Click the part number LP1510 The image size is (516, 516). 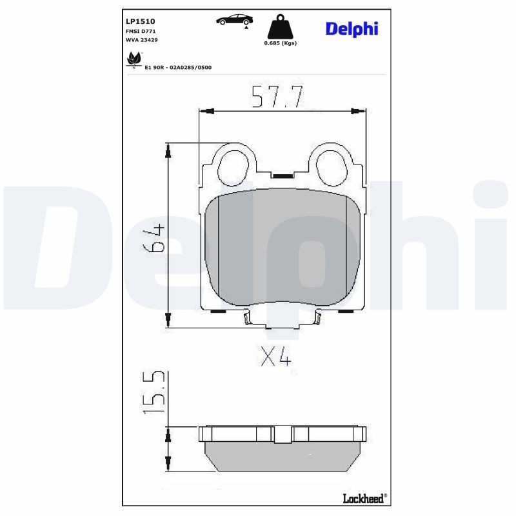tap(141, 21)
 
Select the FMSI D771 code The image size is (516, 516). tap(140, 31)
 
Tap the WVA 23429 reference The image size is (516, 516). tap(141, 40)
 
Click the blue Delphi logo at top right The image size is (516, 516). tap(352, 28)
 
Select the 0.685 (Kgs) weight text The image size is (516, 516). tap(279, 43)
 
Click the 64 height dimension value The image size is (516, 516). tap(152, 239)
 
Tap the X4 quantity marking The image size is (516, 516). tap(275, 356)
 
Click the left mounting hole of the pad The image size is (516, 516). tap(232, 167)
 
